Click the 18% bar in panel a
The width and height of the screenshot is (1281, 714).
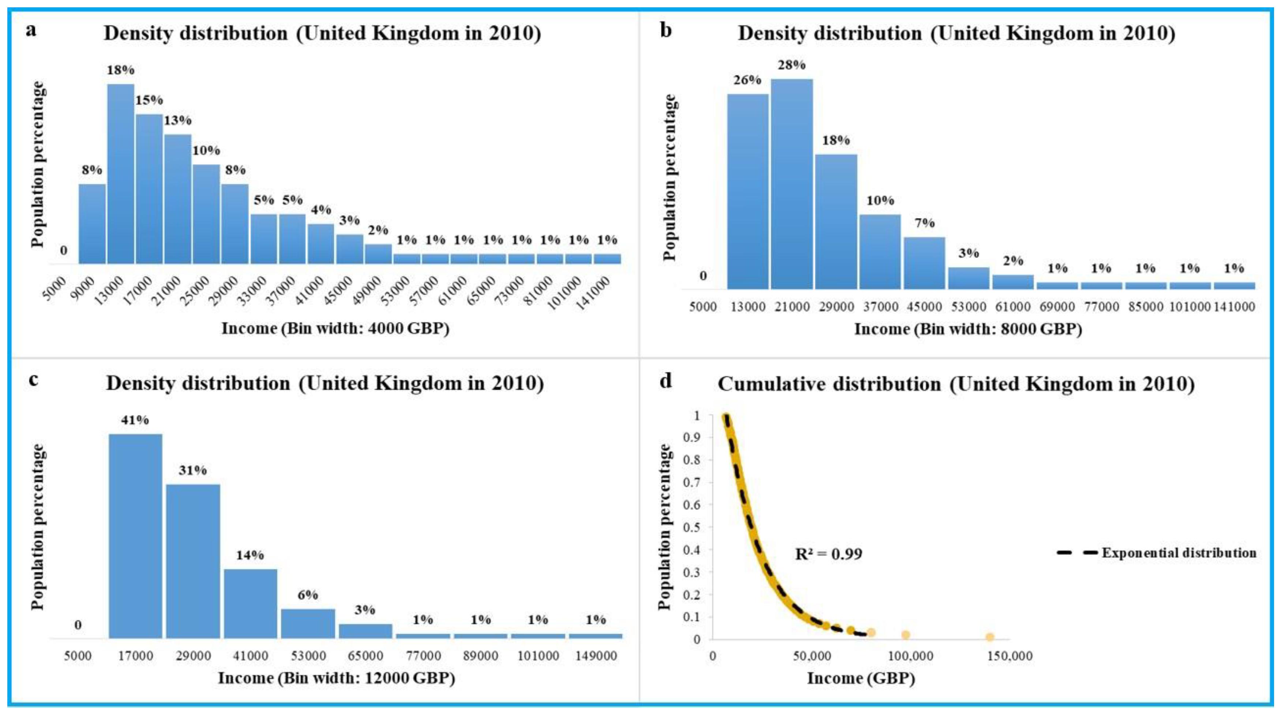coord(121,174)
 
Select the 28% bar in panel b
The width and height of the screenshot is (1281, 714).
coord(792,184)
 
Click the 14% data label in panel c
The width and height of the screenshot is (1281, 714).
coord(249,555)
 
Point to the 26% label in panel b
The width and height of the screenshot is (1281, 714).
coord(747,80)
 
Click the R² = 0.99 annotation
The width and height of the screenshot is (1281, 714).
coord(829,554)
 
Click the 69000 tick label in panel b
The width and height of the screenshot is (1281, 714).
coord(1057,307)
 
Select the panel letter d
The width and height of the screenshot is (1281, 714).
coord(665,381)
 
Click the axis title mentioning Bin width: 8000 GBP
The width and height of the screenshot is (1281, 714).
coord(968,329)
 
